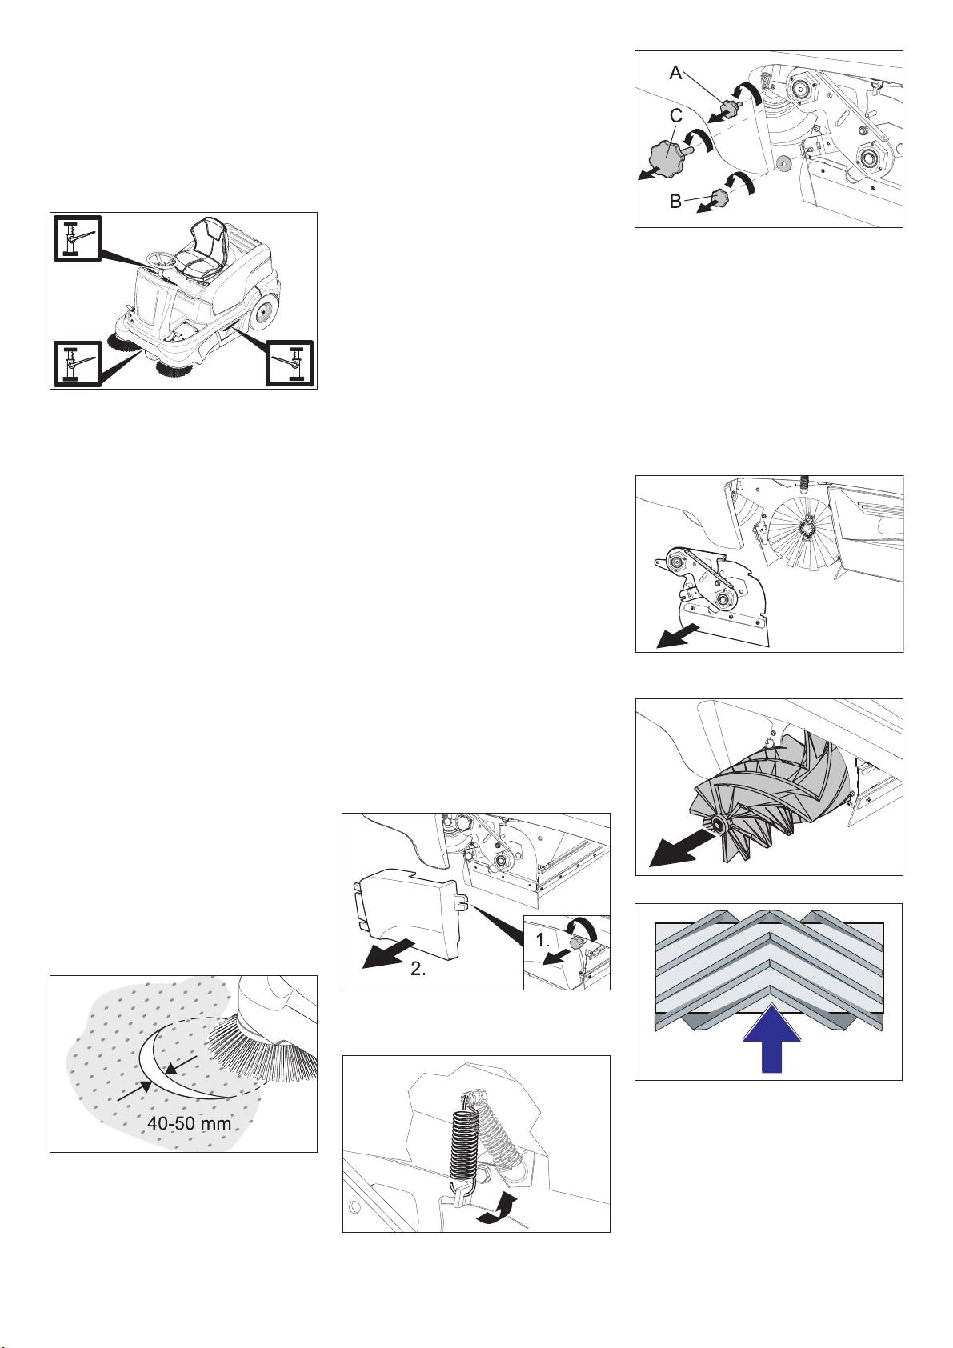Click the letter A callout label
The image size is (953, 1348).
[x=675, y=73]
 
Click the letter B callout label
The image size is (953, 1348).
[x=675, y=201]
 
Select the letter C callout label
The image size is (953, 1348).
[x=676, y=115]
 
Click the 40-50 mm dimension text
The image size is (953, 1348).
[x=189, y=1123]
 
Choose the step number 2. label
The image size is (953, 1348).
[x=418, y=970]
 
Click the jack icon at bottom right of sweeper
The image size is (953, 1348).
[x=290, y=362]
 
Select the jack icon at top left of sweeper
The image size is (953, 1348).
[x=77, y=237]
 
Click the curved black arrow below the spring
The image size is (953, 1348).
[x=497, y=1214]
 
